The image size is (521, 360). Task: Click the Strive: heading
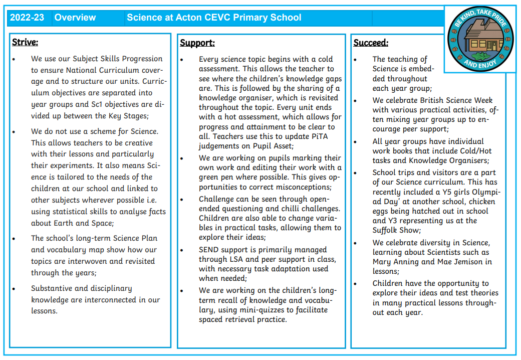(x=25, y=42)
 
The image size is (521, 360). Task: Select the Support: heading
(x=197, y=43)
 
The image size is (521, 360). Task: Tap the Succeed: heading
(x=371, y=43)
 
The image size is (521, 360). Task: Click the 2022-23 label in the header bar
(x=27, y=18)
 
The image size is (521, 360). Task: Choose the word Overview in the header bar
(x=75, y=18)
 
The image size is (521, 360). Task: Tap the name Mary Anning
(x=395, y=262)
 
